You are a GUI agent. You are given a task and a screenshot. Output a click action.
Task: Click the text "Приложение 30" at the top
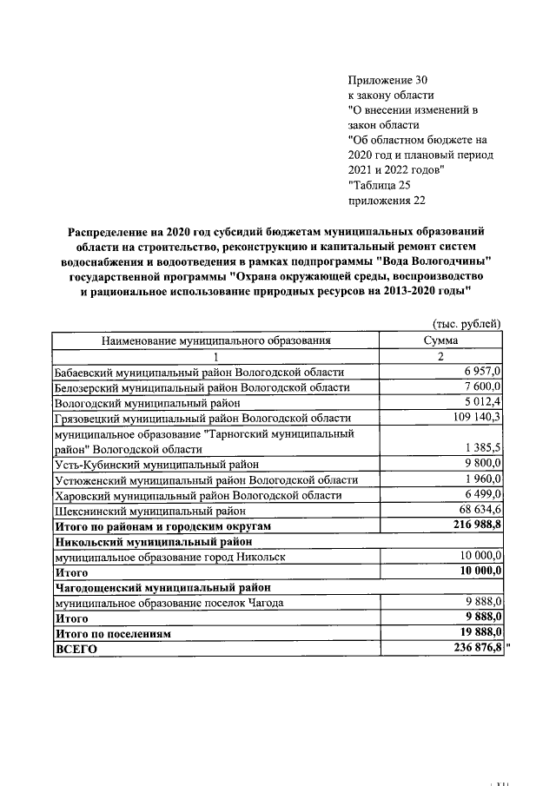[x=387, y=80]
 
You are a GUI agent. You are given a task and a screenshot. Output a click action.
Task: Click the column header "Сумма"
[x=440, y=341]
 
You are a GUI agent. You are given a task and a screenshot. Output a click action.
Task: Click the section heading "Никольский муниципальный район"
[x=153, y=542]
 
